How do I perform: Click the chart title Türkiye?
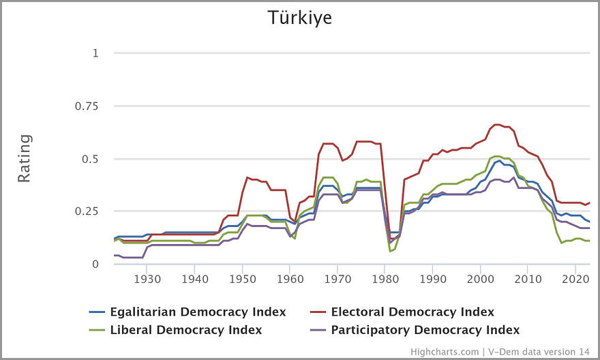(x=300, y=17)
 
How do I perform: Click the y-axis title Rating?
(x=24, y=158)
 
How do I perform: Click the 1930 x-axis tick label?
(x=147, y=279)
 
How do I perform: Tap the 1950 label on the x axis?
(x=242, y=279)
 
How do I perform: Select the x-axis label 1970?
(x=337, y=279)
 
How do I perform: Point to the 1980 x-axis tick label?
(x=385, y=279)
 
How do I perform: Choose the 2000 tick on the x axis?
(x=481, y=279)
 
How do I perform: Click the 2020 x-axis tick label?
(x=576, y=279)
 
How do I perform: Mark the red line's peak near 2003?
(x=496, y=125)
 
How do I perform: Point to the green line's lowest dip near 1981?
(x=390, y=251)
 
